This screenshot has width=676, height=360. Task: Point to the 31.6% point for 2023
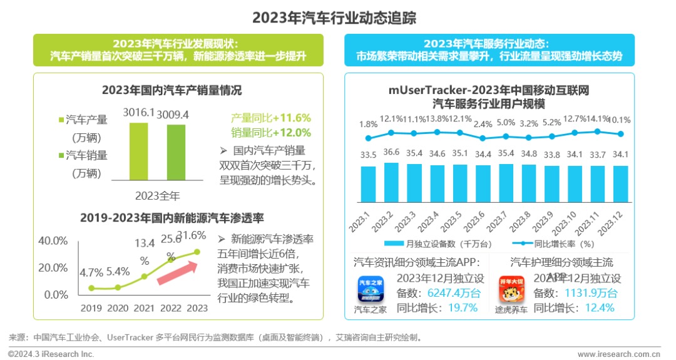click(x=197, y=252)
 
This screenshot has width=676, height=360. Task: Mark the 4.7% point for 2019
click(x=91, y=288)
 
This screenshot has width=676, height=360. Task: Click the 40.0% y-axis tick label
click(x=53, y=241)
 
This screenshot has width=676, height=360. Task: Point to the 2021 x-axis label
click(x=144, y=308)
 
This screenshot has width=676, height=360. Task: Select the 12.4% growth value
click(x=600, y=307)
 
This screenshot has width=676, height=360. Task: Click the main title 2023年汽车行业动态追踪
click(x=334, y=18)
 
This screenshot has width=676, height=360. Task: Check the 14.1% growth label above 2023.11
click(x=598, y=120)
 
